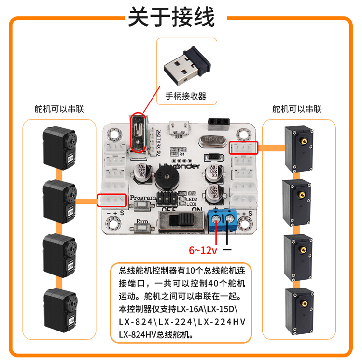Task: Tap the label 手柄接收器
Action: tap(186, 96)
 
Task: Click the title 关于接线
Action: tap(171, 18)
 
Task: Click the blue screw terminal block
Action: tap(222, 221)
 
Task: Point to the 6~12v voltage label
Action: tap(203, 250)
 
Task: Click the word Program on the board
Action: tap(143, 198)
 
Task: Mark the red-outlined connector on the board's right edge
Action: tap(244, 147)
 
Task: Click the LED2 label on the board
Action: tap(193, 199)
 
